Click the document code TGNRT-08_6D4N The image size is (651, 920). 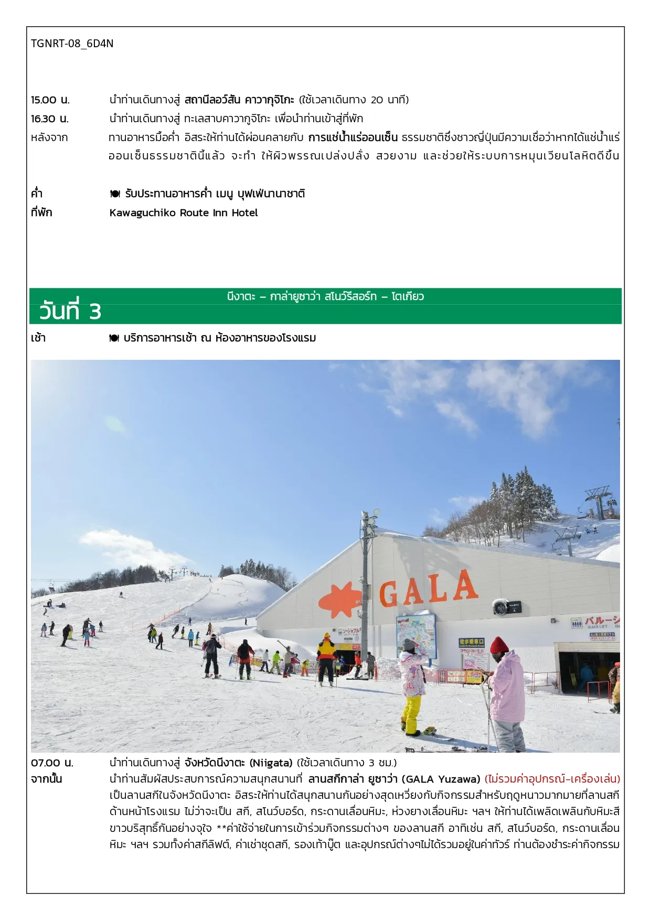[x=72, y=44]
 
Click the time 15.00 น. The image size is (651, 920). [x=50, y=100]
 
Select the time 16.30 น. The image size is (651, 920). [x=50, y=119]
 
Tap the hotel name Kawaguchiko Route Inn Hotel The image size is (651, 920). [x=184, y=213]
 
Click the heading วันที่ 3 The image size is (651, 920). [x=70, y=311]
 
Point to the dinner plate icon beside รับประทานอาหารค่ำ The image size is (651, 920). [x=115, y=194]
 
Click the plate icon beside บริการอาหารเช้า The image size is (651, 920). [x=114, y=338]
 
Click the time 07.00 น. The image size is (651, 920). [x=52, y=763]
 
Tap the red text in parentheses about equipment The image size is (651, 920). [x=552, y=779]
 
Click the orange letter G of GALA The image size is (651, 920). [x=389, y=594]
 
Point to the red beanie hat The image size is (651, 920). [x=498, y=645]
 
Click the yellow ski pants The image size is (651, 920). [x=412, y=712]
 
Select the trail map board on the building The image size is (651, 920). [x=416, y=635]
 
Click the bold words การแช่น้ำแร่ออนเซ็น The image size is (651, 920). [x=353, y=137]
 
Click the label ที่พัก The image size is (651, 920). [x=41, y=213]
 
